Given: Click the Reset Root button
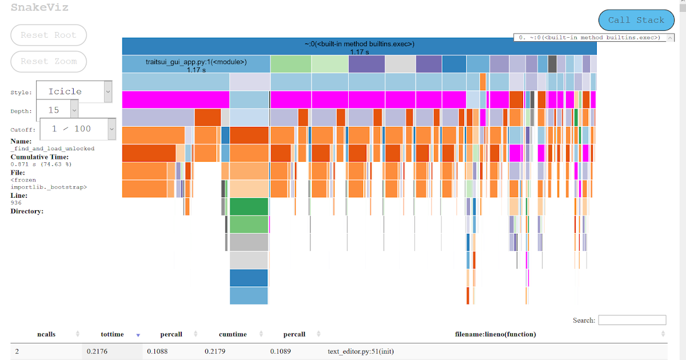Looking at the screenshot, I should (48, 35).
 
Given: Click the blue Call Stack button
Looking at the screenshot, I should (636, 20).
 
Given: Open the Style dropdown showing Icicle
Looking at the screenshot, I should (74, 91).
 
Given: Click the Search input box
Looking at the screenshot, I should (632, 320).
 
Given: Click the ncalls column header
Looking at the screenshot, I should (46, 334).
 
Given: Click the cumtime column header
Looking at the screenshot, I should (233, 334).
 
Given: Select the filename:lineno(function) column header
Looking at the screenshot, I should (495, 334).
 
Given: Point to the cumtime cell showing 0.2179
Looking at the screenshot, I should (216, 351).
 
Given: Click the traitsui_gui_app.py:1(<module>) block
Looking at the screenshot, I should (196, 63).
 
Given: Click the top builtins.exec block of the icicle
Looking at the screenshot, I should (359, 46).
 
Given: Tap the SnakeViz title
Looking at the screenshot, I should (39, 7).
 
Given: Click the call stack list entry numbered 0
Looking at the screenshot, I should (589, 38).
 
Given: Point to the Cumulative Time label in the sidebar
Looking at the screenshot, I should (39, 157).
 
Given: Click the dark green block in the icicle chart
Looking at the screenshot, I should (249, 206).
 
